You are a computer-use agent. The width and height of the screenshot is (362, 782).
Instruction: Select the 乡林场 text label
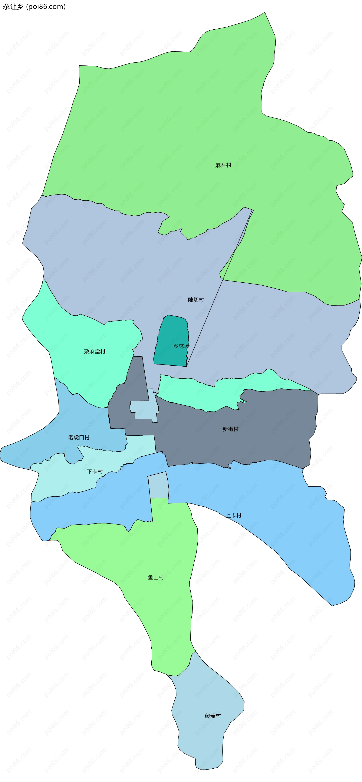[181, 346]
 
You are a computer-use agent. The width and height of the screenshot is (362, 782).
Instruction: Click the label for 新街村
[230, 429]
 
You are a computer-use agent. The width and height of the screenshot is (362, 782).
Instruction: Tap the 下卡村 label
[95, 471]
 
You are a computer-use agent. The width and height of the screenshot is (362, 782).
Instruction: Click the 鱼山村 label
[156, 577]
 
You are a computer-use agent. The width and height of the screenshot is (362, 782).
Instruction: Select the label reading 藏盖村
[213, 716]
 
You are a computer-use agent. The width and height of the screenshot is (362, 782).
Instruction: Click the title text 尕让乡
[13, 7]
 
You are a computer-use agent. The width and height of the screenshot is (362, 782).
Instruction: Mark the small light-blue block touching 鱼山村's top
[158, 486]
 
